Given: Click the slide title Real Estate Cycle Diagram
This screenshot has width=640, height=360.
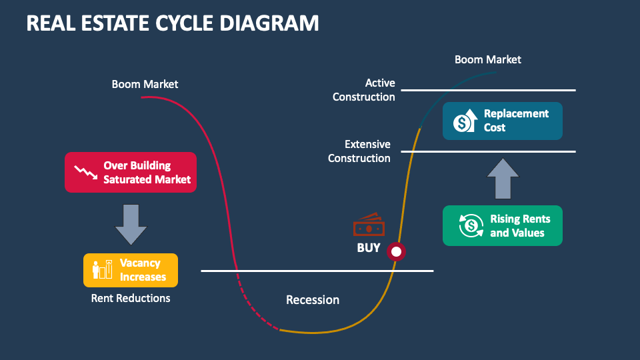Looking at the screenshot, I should tap(172, 23).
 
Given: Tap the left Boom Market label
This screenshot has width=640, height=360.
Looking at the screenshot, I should tap(145, 84).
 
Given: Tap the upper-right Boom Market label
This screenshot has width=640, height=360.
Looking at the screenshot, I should tap(487, 59).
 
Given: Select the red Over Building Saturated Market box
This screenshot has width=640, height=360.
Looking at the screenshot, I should tap(131, 172).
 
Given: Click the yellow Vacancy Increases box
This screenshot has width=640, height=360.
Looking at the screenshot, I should tap(131, 270).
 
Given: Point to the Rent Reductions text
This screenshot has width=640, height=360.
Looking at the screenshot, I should tap(131, 298).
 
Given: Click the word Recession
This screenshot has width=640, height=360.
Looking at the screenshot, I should tap(312, 300).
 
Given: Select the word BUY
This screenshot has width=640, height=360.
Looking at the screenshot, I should tap(368, 248).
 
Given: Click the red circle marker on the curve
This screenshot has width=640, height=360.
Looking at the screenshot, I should tap(397, 251).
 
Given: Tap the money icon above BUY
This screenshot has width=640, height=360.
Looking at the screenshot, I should tap(369, 225).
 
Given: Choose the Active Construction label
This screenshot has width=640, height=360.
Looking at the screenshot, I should tap(364, 90).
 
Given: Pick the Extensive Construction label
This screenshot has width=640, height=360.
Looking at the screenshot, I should tap(359, 151).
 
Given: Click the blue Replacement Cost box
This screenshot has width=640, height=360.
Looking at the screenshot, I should tap(502, 121).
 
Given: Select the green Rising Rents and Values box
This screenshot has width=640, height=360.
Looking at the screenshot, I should tap(502, 226).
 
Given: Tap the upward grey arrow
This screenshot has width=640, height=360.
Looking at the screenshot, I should tap(502, 178).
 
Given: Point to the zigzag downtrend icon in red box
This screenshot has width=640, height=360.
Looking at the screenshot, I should tap(85, 173).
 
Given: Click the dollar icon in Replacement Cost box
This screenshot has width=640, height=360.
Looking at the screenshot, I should tap(464, 121).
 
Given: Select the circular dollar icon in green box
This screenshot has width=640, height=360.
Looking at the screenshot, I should tap(471, 226).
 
